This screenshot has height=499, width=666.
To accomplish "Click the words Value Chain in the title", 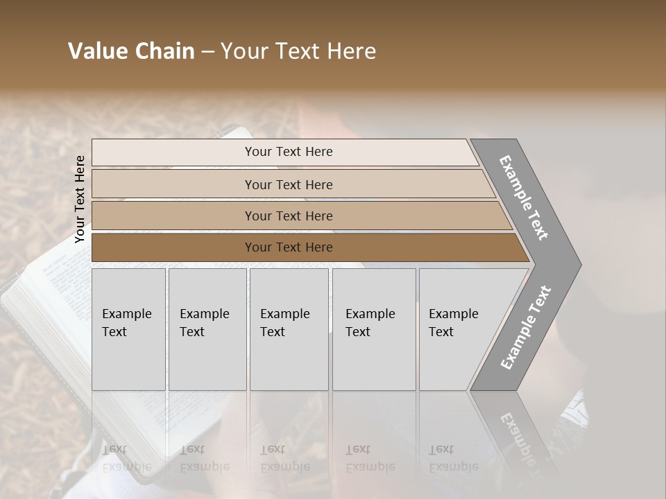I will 131,51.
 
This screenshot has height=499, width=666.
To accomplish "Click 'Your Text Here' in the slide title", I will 298,51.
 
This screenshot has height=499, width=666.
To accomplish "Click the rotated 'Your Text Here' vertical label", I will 80,199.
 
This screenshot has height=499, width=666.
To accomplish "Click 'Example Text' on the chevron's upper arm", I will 524,198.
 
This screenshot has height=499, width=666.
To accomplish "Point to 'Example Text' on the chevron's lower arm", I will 526,327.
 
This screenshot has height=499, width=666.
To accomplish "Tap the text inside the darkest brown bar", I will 289,247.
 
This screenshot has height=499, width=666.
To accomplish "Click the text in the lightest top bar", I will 289,152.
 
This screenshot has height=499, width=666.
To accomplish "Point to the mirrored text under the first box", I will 127,458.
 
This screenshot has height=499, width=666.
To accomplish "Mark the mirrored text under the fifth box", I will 453,458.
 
